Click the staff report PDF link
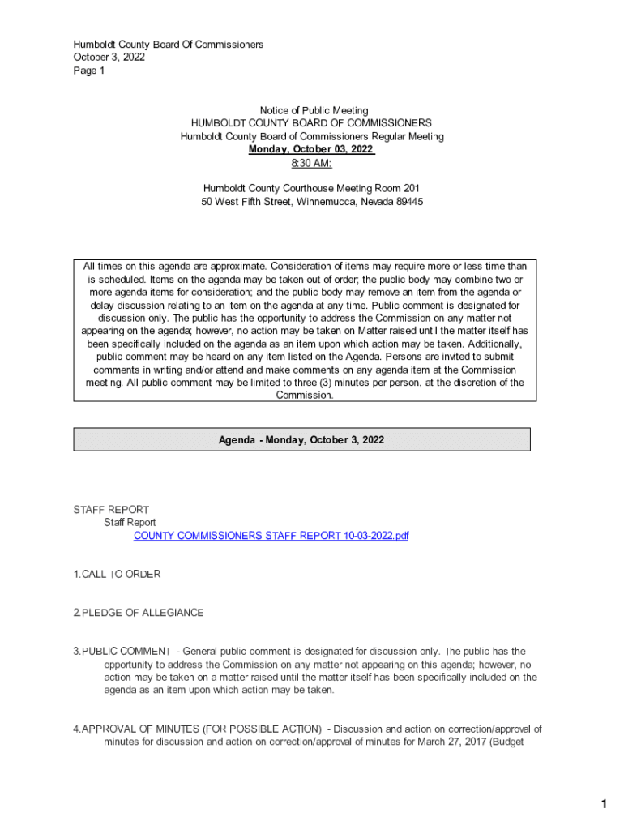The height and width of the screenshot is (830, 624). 271,536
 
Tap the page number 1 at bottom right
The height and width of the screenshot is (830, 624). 603,804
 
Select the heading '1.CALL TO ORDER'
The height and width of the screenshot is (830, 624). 117,575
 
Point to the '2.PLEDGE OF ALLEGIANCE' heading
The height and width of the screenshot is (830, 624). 138,613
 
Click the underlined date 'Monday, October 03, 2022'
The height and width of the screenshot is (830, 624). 311,150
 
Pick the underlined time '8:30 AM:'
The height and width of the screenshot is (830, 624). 312,164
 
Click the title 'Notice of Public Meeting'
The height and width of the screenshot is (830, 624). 314,110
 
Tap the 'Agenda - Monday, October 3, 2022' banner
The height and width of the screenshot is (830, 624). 301,440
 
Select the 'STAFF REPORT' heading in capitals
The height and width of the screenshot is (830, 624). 111,510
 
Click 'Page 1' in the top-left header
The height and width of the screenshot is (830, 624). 89,71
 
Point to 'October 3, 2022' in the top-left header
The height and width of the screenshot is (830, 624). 109,58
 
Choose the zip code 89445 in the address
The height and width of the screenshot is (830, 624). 409,202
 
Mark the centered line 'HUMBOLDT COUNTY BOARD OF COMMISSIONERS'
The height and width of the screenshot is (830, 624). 312,123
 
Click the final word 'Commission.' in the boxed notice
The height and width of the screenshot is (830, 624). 305,396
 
